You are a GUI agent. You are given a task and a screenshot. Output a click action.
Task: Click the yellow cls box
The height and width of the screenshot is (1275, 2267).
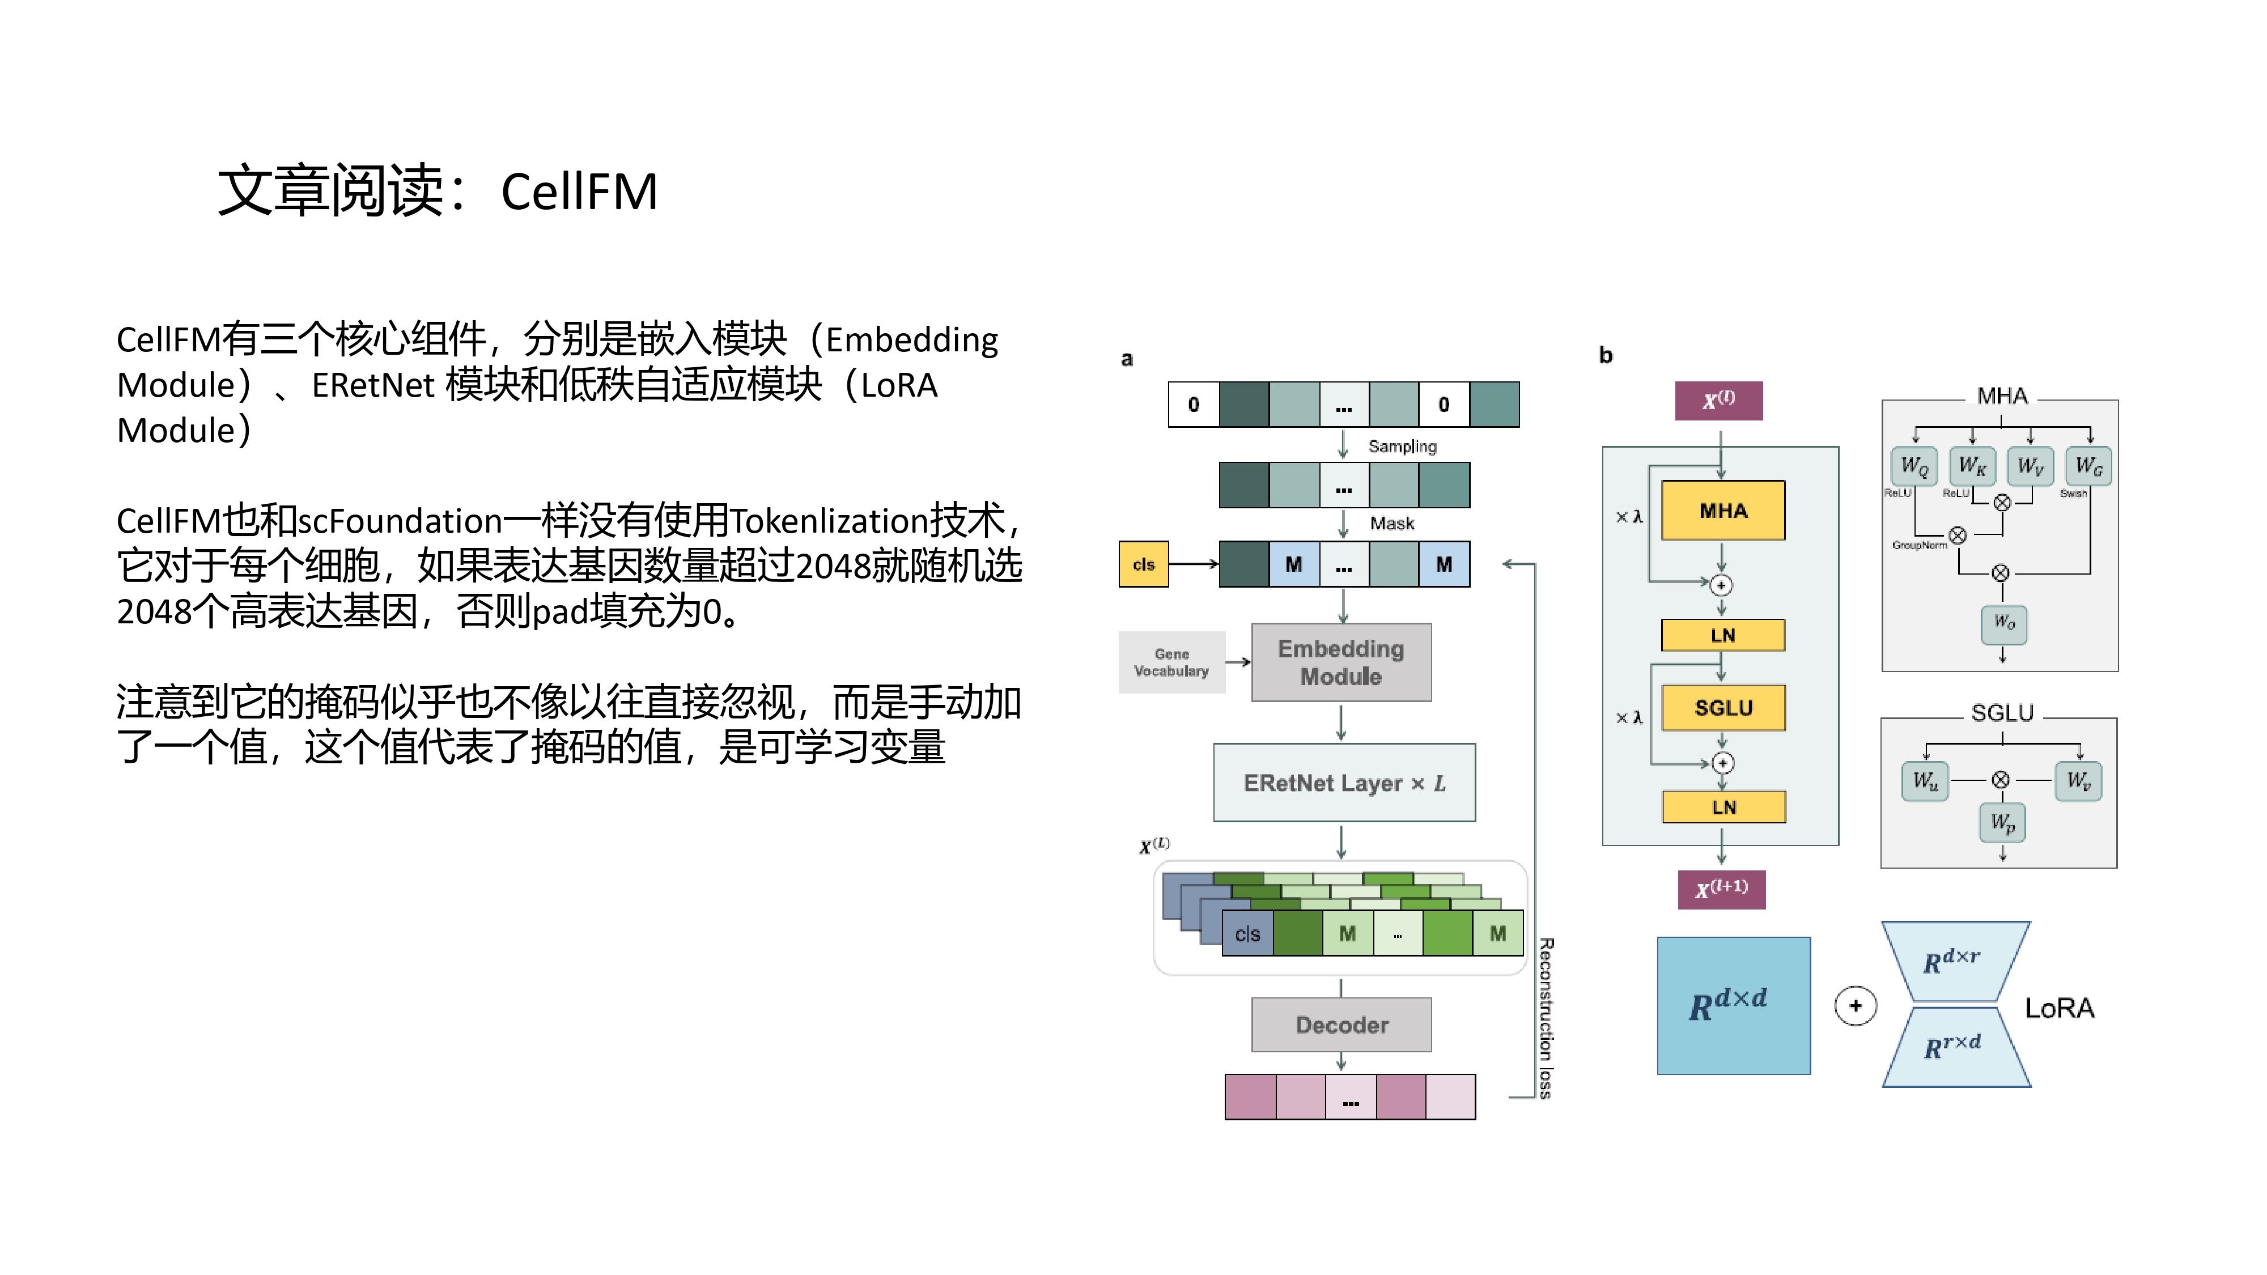(x=1143, y=564)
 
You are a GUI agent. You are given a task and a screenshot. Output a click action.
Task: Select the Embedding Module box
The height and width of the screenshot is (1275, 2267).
(x=1341, y=662)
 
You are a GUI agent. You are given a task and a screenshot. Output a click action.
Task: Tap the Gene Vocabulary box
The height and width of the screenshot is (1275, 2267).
(x=1171, y=662)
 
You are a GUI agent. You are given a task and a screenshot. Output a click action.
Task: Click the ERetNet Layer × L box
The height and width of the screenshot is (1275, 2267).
(x=1344, y=782)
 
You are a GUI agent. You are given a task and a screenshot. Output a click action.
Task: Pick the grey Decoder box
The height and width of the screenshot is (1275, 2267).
(x=1341, y=1025)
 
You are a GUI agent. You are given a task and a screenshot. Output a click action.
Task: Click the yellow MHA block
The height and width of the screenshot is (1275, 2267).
(x=1722, y=511)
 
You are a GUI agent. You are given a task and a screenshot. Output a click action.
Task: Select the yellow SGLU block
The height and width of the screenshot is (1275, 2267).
(x=1723, y=707)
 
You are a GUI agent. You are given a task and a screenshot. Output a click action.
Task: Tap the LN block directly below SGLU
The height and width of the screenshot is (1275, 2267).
(x=1723, y=807)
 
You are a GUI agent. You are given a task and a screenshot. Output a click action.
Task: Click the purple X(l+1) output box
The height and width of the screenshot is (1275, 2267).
(x=1721, y=889)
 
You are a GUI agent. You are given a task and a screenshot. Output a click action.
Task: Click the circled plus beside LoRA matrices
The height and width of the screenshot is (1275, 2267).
(x=1855, y=1006)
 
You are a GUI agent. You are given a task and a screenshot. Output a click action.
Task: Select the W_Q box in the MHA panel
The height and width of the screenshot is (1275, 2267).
(x=1913, y=465)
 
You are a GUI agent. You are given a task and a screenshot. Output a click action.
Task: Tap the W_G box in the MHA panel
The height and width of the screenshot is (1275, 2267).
(x=2088, y=465)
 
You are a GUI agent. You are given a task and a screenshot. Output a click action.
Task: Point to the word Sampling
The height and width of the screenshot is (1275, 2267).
(x=1402, y=446)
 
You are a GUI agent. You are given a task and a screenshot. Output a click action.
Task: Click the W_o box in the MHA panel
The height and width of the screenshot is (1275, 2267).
(x=2004, y=623)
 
